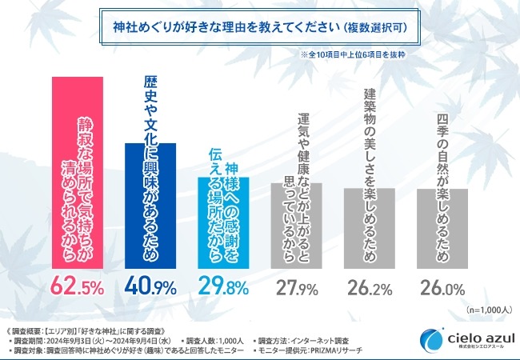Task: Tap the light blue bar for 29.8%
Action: tap(222, 221)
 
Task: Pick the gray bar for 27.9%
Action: tap(295, 225)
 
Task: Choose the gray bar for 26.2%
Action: tap(368, 228)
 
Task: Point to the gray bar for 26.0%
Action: tap(441, 228)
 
